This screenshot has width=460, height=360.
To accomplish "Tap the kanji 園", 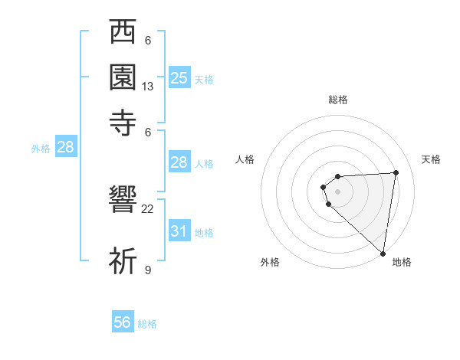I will coord(123,76).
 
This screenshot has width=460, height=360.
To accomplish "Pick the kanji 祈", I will coord(123,260).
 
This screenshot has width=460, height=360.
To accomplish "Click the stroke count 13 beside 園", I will coord(148,87).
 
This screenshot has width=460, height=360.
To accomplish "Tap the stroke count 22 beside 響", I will coord(148,208).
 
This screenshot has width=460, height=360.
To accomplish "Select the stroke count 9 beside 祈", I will coord(148,270).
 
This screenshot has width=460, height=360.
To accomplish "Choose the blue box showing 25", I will coord(179,77).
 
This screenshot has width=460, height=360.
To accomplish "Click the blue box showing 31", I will coord(179,231).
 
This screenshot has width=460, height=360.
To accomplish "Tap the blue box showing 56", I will coord(123,322).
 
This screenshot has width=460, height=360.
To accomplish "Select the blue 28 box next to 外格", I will coord(65,148).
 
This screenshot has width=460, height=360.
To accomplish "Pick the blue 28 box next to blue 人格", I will coord(179,162).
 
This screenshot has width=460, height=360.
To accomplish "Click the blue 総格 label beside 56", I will coord(147,324).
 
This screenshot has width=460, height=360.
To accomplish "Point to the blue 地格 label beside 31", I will coord(204,233).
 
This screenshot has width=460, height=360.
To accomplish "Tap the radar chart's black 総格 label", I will coord(338,100).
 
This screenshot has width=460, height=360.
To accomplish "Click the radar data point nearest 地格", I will coord(383,253).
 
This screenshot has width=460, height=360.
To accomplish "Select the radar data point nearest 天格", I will coord(396,172).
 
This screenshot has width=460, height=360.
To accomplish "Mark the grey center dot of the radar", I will coord(337,191).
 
